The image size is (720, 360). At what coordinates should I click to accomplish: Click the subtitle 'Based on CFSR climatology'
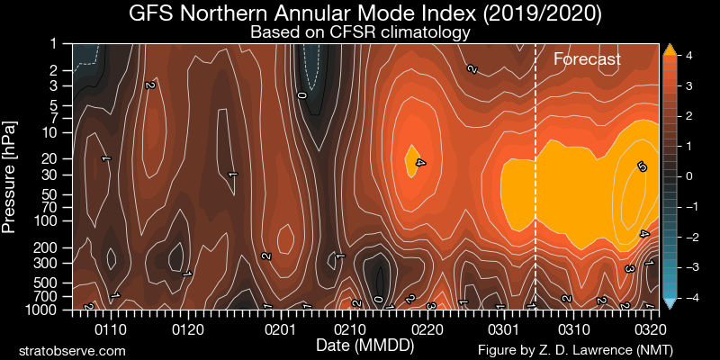click(x=360, y=33)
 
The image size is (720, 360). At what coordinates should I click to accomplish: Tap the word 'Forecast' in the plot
click(x=587, y=59)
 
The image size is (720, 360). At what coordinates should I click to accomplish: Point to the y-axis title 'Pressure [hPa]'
click(x=10, y=175)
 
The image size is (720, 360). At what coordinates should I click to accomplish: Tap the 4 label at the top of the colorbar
click(x=688, y=56)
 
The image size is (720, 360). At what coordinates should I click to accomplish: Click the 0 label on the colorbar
click(x=688, y=175)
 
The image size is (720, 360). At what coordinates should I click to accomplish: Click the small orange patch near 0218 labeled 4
click(x=413, y=160)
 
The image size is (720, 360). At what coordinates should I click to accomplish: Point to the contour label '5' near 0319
click(x=642, y=167)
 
